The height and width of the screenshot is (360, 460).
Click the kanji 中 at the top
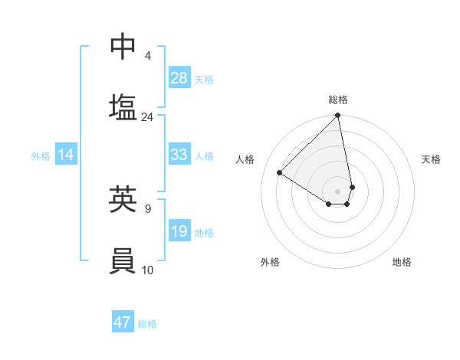click(x=123, y=47)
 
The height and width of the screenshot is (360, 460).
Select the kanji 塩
click(x=123, y=107)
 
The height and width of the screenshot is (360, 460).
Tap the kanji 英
click(x=123, y=198)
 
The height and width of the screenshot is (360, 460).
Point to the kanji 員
click(x=123, y=260)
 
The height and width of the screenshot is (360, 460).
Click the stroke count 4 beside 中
click(x=148, y=55)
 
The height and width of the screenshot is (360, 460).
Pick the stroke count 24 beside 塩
click(x=147, y=117)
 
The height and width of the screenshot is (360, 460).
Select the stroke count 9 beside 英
click(x=147, y=208)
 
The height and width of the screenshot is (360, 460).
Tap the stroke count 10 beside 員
click(x=147, y=270)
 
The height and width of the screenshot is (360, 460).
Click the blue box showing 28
click(x=179, y=78)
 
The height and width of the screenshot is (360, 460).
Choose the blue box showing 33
click(x=179, y=155)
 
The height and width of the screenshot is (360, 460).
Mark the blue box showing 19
click(x=179, y=231)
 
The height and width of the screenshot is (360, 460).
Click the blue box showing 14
click(x=66, y=155)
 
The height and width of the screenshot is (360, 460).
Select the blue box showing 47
click(x=123, y=322)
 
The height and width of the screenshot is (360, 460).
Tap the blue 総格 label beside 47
click(x=147, y=324)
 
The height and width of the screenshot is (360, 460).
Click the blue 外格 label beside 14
click(x=41, y=156)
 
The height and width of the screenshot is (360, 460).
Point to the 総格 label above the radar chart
click(x=337, y=100)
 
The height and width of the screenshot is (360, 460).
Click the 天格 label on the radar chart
click(x=431, y=159)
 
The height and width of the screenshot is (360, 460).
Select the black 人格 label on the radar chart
click(x=245, y=159)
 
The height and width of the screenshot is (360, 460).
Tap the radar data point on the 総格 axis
click(x=337, y=116)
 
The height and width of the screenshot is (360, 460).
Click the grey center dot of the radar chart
click(x=337, y=191)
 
